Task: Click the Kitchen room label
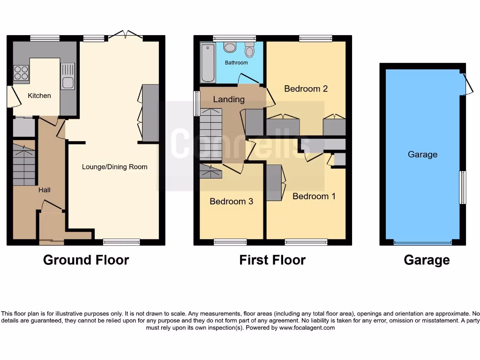[x=39, y=96]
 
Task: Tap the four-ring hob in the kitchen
[x=21, y=73]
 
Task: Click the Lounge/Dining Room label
[x=114, y=167]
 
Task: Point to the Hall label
[x=45, y=190]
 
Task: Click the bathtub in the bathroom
[x=207, y=63]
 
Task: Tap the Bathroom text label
[x=236, y=62]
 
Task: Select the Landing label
[x=229, y=99]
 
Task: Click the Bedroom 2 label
[x=306, y=89]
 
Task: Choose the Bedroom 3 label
[x=231, y=202]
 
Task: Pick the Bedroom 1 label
[x=314, y=196]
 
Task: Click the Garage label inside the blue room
[x=422, y=155]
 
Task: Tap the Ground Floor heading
[x=86, y=260]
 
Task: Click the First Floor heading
[x=272, y=260]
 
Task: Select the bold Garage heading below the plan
[x=427, y=260]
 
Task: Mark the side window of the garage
[x=463, y=187]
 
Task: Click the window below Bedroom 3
[x=230, y=242]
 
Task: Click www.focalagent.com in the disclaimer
[x=307, y=328]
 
